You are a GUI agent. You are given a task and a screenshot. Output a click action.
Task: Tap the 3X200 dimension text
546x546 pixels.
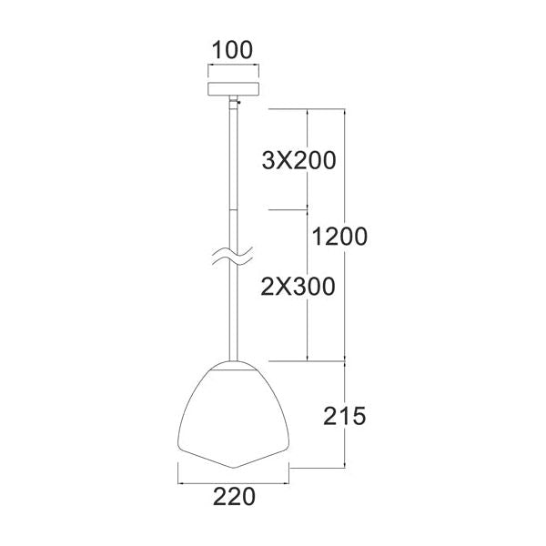click(x=298, y=162)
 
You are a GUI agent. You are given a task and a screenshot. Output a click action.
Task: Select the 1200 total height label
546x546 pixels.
click(x=339, y=238)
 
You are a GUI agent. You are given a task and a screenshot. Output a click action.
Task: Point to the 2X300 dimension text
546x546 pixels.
click(x=298, y=286)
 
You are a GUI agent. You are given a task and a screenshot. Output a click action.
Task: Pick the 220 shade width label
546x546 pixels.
click(x=232, y=497)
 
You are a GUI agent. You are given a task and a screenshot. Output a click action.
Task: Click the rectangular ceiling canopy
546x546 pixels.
click(x=234, y=91)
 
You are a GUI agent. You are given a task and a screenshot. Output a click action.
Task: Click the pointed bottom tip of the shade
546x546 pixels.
click(x=234, y=468)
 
